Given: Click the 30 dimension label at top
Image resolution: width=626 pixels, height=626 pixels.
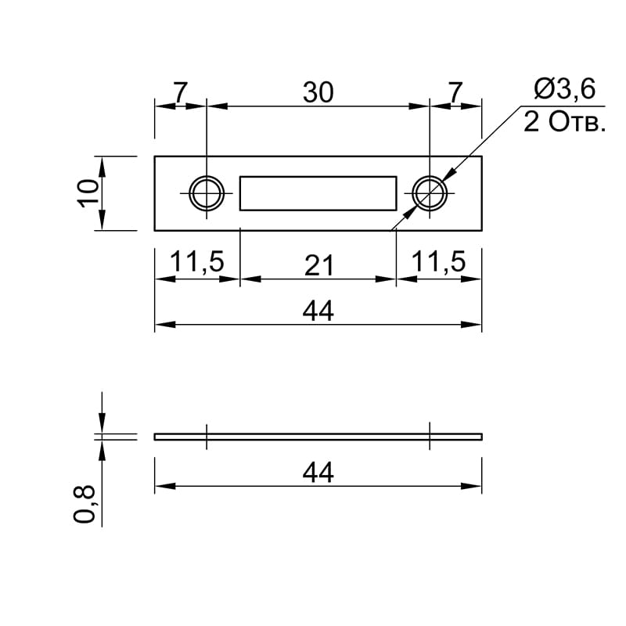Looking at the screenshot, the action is (x=318, y=92).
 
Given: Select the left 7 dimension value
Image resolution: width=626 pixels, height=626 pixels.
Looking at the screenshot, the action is (x=180, y=92).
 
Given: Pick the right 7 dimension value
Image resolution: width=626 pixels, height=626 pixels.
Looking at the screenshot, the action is (x=455, y=92).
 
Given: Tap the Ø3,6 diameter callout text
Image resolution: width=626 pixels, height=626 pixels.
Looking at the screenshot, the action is (x=564, y=88).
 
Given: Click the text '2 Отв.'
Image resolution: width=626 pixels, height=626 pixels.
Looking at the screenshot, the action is (x=564, y=122).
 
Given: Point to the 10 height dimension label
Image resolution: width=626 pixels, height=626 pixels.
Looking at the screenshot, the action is (x=88, y=193).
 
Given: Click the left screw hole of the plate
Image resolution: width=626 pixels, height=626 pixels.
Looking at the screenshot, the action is (x=207, y=193).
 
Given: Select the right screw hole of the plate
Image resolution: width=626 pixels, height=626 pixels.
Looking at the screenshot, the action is (x=430, y=193).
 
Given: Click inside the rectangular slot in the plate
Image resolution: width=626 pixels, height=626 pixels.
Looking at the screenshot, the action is (x=318, y=193).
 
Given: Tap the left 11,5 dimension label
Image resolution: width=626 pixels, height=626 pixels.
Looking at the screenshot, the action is (x=197, y=262).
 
